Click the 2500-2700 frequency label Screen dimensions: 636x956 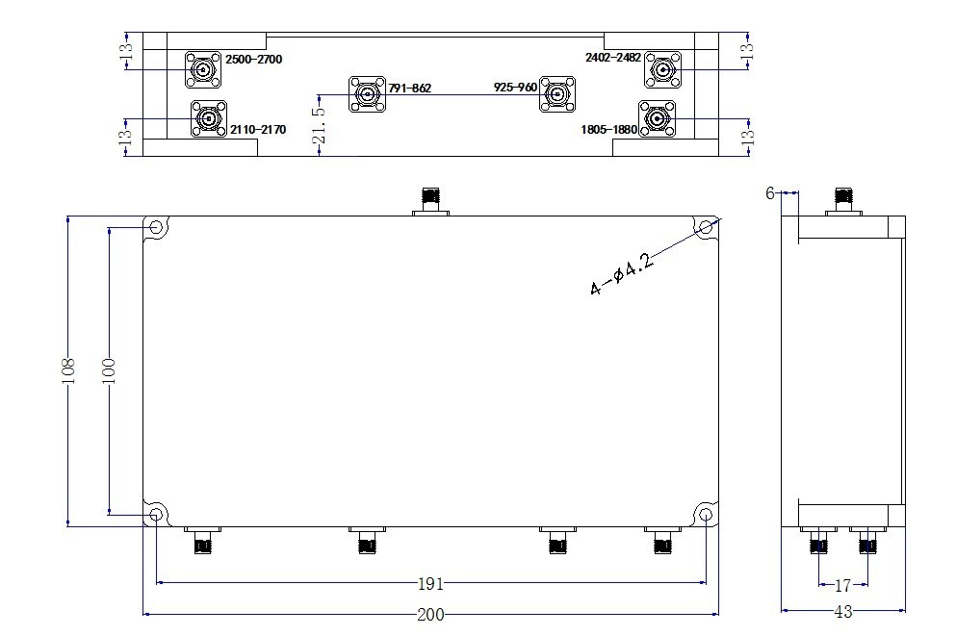[x=254, y=60]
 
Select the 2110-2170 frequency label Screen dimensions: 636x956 [x=257, y=129]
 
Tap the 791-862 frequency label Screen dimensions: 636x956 [x=409, y=89]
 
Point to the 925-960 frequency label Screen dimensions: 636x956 [x=515, y=88]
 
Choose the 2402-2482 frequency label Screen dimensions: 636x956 [x=613, y=58]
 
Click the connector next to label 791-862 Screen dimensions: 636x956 [x=367, y=93]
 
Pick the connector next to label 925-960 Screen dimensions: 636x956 [x=556, y=93]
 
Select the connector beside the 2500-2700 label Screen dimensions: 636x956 [x=204, y=68]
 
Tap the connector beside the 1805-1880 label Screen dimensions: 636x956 [x=657, y=119]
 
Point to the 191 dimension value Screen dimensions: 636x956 [x=431, y=584]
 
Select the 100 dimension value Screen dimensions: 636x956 [x=108, y=371]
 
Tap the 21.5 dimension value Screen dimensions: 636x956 [x=319, y=125]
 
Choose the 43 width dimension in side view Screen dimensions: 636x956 [x=842, y=612]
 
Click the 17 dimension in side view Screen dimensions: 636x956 [x=842, y=585]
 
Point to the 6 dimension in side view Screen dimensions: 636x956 [x=770, y=193]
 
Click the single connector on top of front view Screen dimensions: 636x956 [x=430, y=200]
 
